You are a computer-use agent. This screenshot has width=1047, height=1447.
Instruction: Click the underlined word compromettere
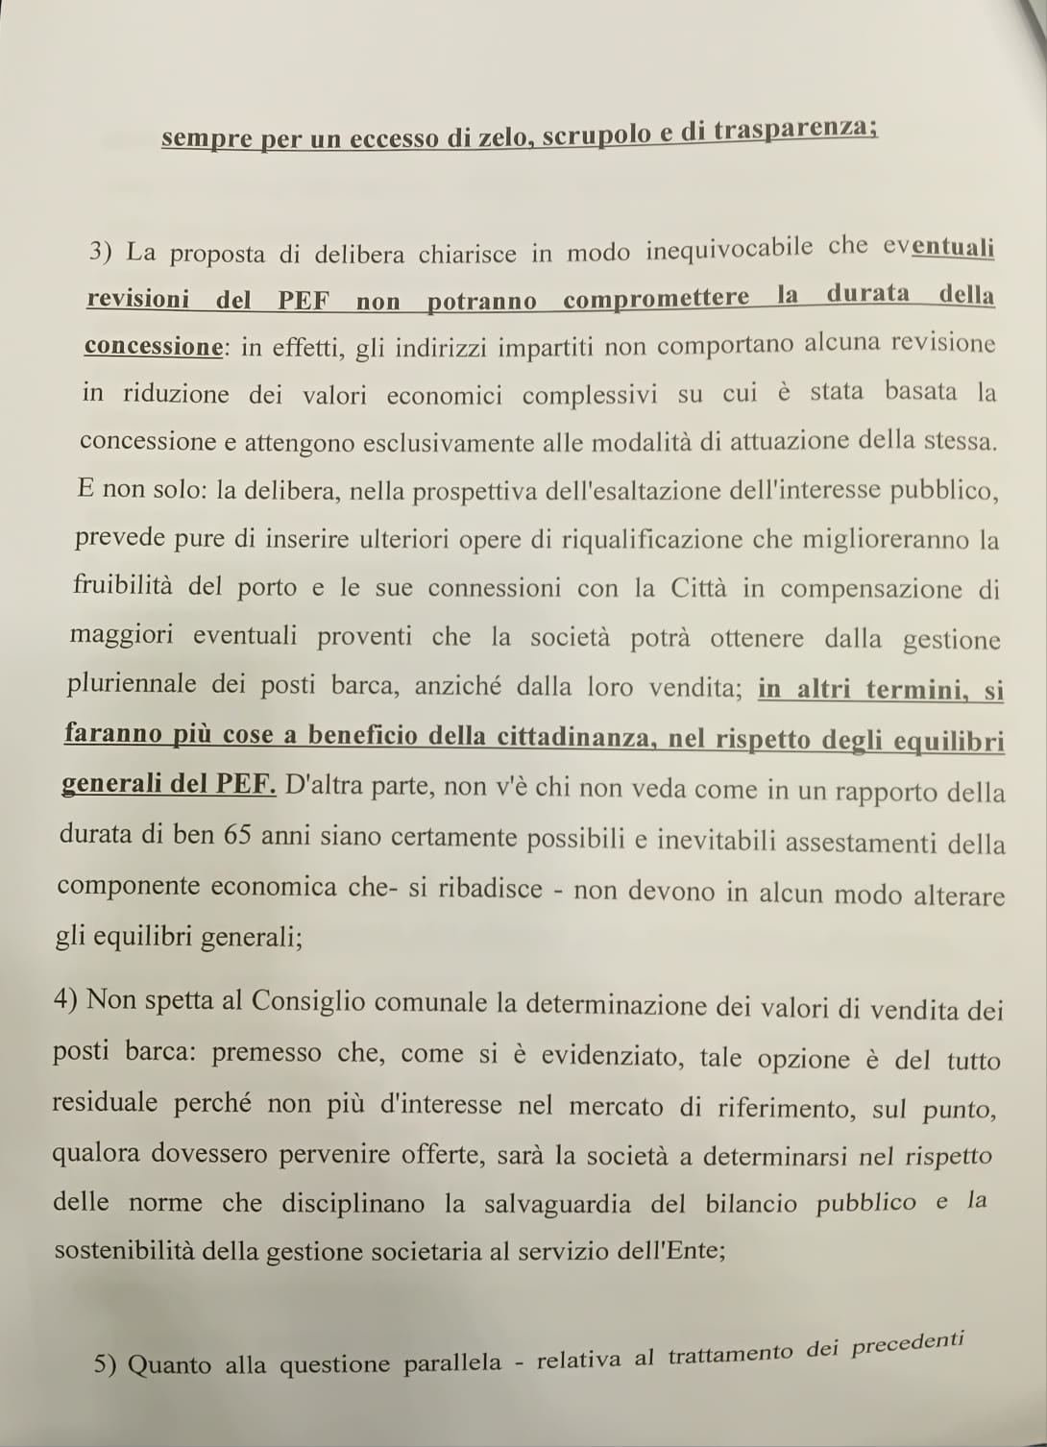click(x=656, y=298)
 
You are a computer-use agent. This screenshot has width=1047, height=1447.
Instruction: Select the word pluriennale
click(x=132, y=684)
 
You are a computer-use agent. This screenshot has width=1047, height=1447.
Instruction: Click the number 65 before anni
click(x=237, y=834)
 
